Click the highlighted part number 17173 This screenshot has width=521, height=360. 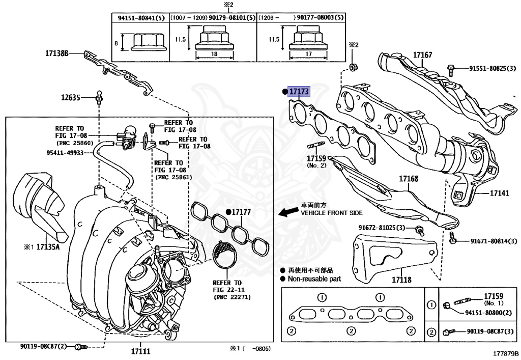click(299, 91)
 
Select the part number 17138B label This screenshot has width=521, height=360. click(57, 53)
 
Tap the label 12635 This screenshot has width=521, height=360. click(70, 97)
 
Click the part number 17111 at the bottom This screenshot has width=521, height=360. click(140, 351)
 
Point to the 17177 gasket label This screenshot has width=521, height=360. click(241, 212)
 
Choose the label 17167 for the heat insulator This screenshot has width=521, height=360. click(422, 55)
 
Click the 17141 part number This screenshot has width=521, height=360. click(500, 193)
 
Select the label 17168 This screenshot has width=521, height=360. click(409, 179)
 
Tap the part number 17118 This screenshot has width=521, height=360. click(401, 280)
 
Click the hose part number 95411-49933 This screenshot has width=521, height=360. click(65, 153)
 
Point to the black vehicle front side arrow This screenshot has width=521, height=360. click(288, 211)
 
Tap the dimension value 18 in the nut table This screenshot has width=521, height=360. click(214, 54)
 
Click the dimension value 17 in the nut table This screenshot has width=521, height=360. click(308, 54)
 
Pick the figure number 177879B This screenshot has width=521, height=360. click(506, 353)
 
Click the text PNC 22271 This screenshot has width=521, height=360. click(232, 297)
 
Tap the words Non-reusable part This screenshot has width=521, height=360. click(314, 279)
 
